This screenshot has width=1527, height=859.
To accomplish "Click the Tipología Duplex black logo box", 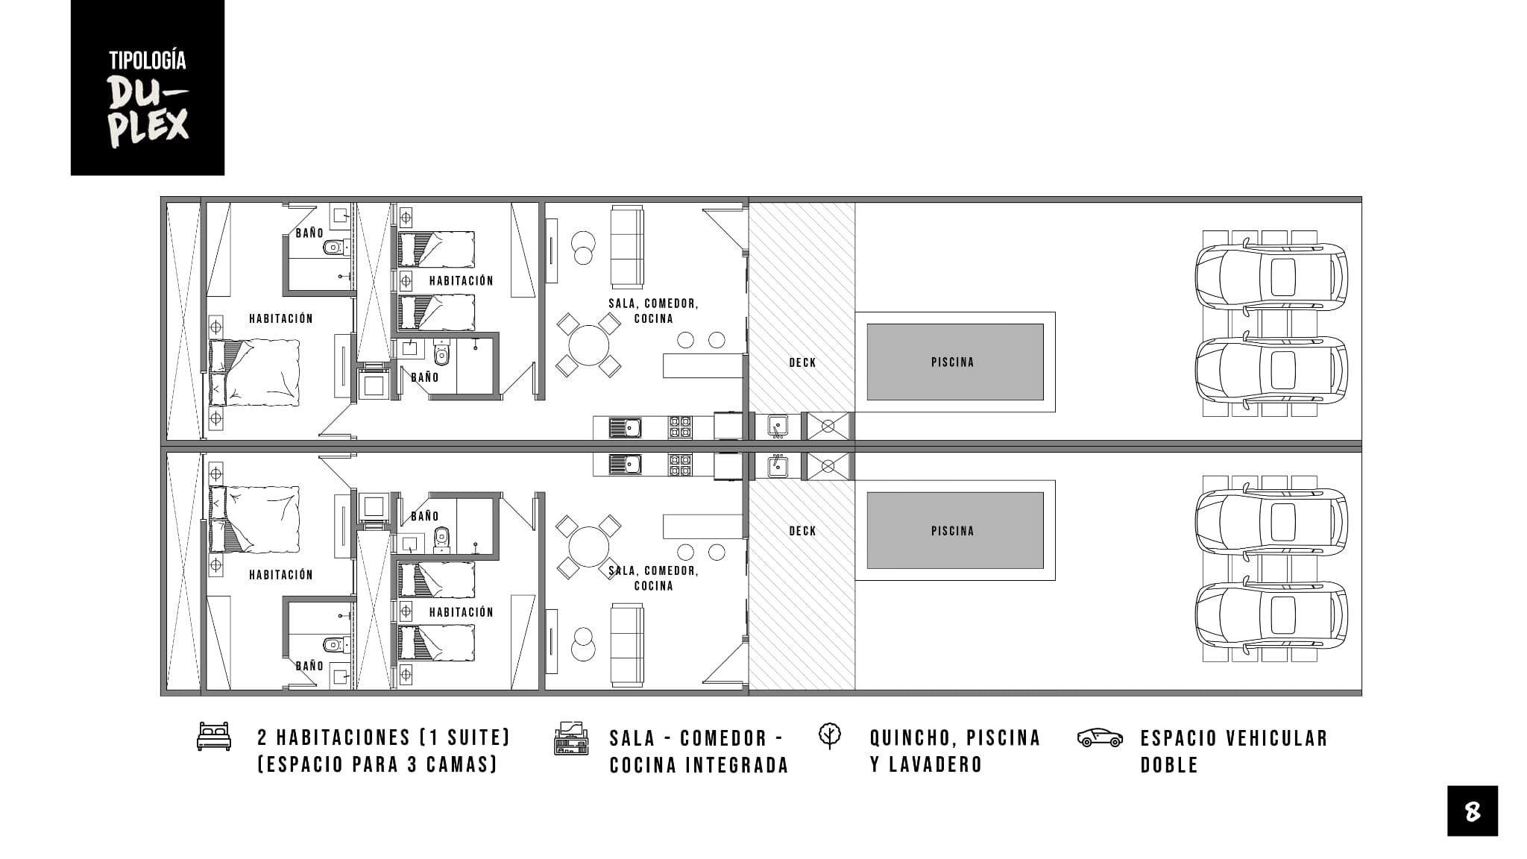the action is (148, 87).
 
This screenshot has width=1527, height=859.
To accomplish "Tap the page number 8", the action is (1473, 811).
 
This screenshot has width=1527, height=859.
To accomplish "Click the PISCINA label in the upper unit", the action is (952, 362).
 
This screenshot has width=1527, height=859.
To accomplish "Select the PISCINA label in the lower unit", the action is (952, 531).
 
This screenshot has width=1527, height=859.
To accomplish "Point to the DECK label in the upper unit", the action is (802, 363).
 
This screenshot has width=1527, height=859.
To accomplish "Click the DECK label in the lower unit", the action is (802, 531).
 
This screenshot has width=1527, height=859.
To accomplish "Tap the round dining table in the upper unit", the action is (588, 345).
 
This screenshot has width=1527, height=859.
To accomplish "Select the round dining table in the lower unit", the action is (588, 547).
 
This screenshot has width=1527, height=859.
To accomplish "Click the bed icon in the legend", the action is (214, 736).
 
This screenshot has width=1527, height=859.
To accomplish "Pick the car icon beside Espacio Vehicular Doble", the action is (1100, 737).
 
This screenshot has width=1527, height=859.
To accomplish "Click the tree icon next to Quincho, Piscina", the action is (829, 735).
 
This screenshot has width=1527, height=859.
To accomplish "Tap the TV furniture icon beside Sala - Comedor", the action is (571, 738).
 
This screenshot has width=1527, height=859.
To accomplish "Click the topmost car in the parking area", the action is (1271, 277).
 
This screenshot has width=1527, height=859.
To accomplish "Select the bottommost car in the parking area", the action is (1271, 616).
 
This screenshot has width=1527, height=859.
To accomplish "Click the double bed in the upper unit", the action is (254, 373).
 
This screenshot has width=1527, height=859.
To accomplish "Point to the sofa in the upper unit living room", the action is (627, 247).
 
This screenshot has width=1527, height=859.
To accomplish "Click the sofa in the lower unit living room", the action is (627, 645).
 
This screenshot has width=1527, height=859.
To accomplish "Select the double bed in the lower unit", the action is (254, 520).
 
